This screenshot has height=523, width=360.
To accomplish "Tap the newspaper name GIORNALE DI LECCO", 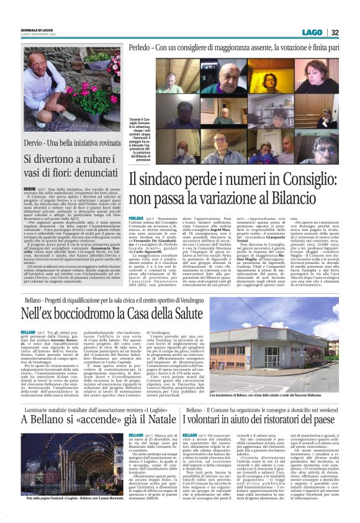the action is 22,30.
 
